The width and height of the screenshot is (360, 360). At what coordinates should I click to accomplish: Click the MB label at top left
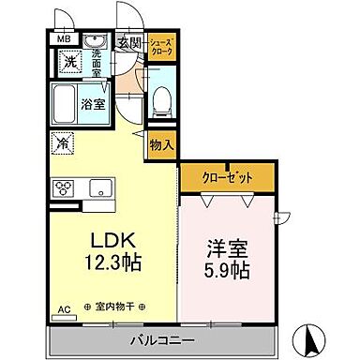(x=64, y=38)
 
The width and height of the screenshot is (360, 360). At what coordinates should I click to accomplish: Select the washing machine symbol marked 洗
(x=69, y=63)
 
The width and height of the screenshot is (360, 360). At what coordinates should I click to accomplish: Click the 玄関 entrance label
(x=128, y=41)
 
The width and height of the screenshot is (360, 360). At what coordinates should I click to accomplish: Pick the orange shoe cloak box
(x=160, y=47)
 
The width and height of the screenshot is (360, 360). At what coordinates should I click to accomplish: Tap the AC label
(x=64, y=308)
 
